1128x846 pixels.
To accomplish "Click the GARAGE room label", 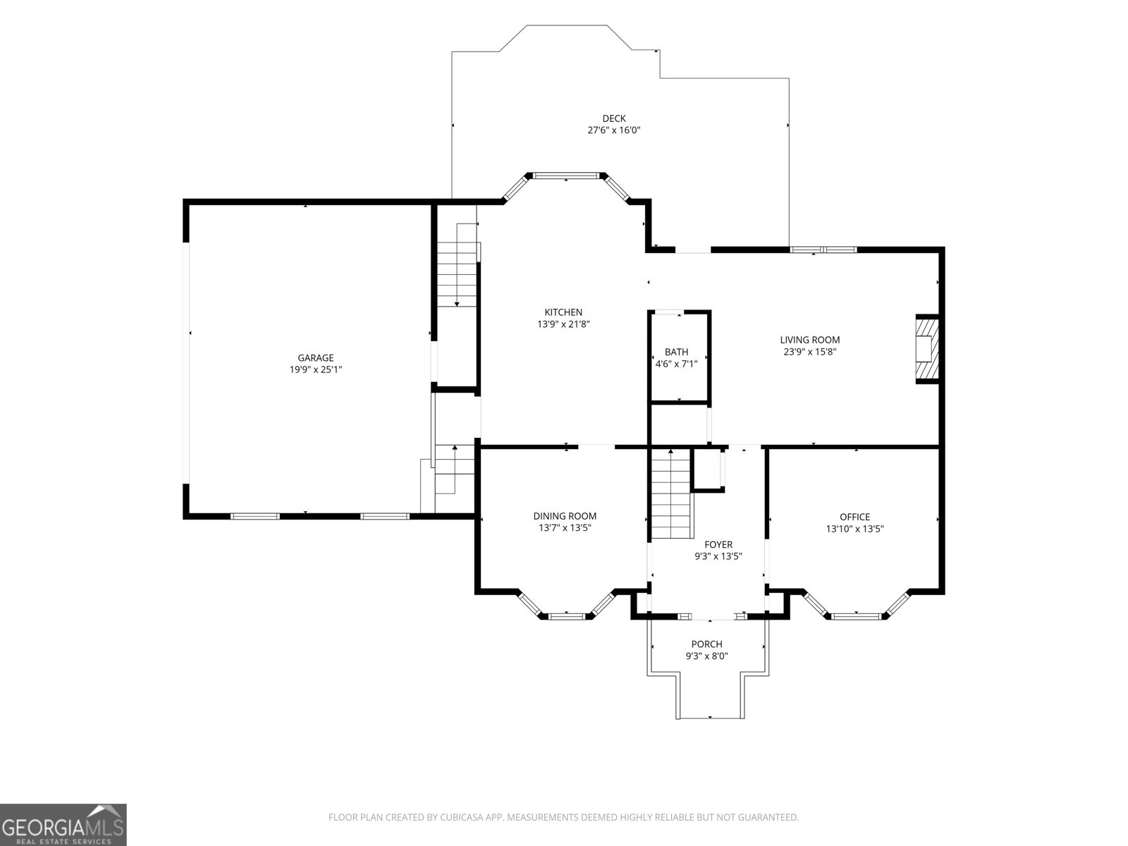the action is (316, 357).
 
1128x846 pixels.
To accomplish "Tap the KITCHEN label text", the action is (563, 312).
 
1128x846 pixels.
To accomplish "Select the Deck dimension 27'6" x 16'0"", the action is (614, 130).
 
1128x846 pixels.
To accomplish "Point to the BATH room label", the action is (676, 352).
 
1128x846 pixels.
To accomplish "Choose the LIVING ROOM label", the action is (810, 340).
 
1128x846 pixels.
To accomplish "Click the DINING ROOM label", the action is (565, 516).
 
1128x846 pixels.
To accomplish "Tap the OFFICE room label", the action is (854, 517).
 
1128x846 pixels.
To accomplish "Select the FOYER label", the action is (718, 544).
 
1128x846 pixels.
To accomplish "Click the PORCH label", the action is (706, 644).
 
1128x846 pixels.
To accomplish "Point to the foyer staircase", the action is (671, 493).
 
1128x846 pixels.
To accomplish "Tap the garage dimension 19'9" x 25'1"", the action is (316, 369).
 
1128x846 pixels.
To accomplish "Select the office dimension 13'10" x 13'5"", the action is (854, 529).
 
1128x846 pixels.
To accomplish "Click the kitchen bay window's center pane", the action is (566, 176).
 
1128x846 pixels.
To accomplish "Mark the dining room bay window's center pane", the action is (566, 616).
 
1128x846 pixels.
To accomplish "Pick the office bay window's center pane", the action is (856, 616).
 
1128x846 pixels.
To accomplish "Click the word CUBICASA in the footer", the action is (462, 817).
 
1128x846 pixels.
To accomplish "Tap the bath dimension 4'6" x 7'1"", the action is (676, 364).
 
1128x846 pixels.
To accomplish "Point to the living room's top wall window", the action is (823, 250).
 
